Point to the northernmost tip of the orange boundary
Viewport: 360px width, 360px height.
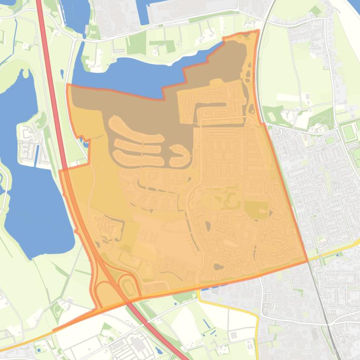click(x=257, y=31)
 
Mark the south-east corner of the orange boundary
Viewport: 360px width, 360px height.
click(x=307, y=261)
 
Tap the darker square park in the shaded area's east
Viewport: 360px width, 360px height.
click(x=256, y=210)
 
